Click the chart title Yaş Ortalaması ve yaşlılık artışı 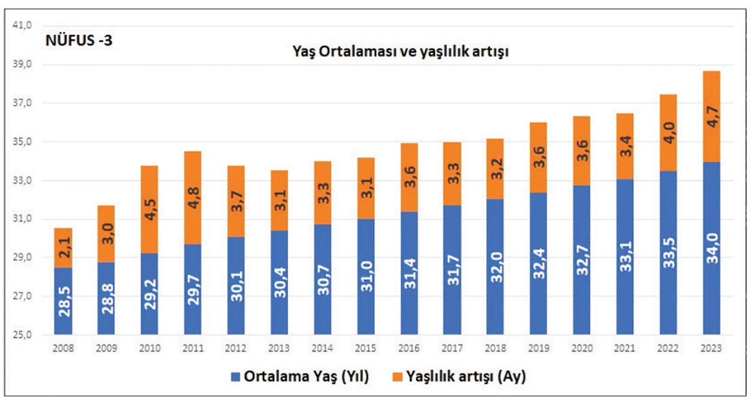click(x=401, y=52)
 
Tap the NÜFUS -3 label click(x=79, y=43)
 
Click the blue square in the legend click(x=236, y=377)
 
